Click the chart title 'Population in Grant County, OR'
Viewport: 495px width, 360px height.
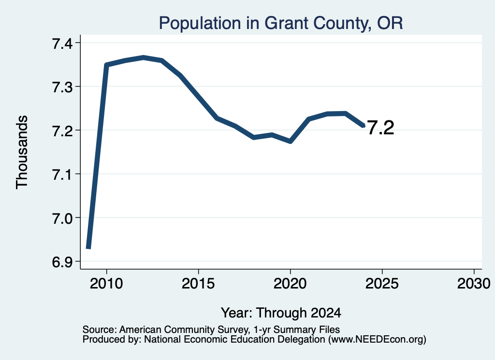pos(281,23)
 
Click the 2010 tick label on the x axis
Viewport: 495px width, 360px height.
pos(106,283)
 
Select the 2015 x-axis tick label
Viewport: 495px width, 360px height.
pos(198,283)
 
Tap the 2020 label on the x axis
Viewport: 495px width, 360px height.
pos(290,283)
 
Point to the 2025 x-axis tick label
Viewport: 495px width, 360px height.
pos(382,283)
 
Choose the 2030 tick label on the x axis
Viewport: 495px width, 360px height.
pos(474,283)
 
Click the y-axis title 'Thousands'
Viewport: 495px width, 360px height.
pos(22,152)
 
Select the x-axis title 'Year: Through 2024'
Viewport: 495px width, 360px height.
pos(281,313)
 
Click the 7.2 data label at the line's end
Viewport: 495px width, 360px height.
pos(381,128)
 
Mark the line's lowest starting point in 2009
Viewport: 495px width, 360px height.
pos(88,248)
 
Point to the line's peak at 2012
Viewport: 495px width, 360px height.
pos(144,58)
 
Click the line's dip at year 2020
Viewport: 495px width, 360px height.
pos(291,142)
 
